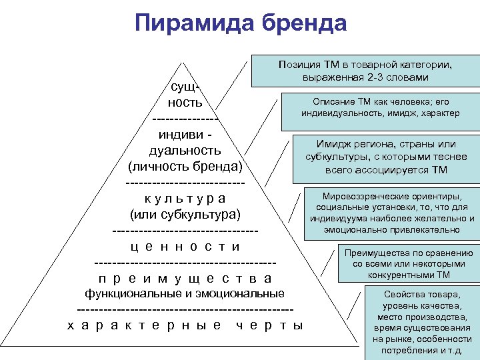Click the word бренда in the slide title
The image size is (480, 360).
305,23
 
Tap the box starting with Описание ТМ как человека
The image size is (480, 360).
380,107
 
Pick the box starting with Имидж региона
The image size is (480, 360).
381,157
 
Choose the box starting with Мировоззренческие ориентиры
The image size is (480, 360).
391,213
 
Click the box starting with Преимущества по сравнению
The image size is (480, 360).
408,263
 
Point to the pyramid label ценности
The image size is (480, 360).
185,247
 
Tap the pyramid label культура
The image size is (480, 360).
185,199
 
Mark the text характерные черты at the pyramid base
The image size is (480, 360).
185,325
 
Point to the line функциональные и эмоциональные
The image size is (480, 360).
185,293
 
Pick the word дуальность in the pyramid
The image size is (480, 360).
185,150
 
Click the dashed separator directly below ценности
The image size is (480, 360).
185,261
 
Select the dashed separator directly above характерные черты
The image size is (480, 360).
185,309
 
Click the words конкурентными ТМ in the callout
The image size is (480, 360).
409,274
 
